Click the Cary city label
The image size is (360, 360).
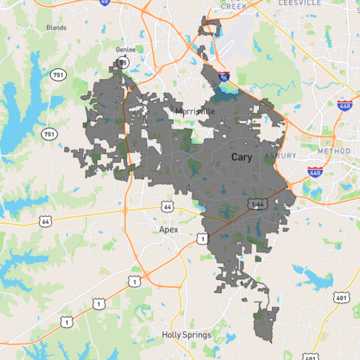pyautogui.click(x=241, y=157)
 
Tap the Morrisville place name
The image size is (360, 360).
pyautogui.click(x=194, y=112)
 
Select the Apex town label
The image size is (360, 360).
pyautogui.click(x=168, y=229)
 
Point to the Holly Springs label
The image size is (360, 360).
pyautogui.click(x=186, y=335)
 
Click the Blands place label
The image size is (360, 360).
pyautogui.click(x=56, y=28)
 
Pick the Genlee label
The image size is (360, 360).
pyautogui.click(x=125, y=50)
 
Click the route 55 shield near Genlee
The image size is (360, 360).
pyautogui.click(x=123, y=63)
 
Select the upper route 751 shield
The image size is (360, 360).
pyautogui.click(x=57, y=75)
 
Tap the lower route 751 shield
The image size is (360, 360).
pyautogui.click(x=48, y=134)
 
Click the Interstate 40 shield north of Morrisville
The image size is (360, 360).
pyautogui.click(x=224, y=75)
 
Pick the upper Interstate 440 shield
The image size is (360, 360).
pyautogui.click(x=344, y=106)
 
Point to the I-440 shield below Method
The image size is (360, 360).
pyautogui.click(x=315, y=172)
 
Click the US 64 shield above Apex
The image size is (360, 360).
pyautogui.click(x=168, y=207)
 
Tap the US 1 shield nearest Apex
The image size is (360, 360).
pyautogui.click(x=204, y=238)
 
